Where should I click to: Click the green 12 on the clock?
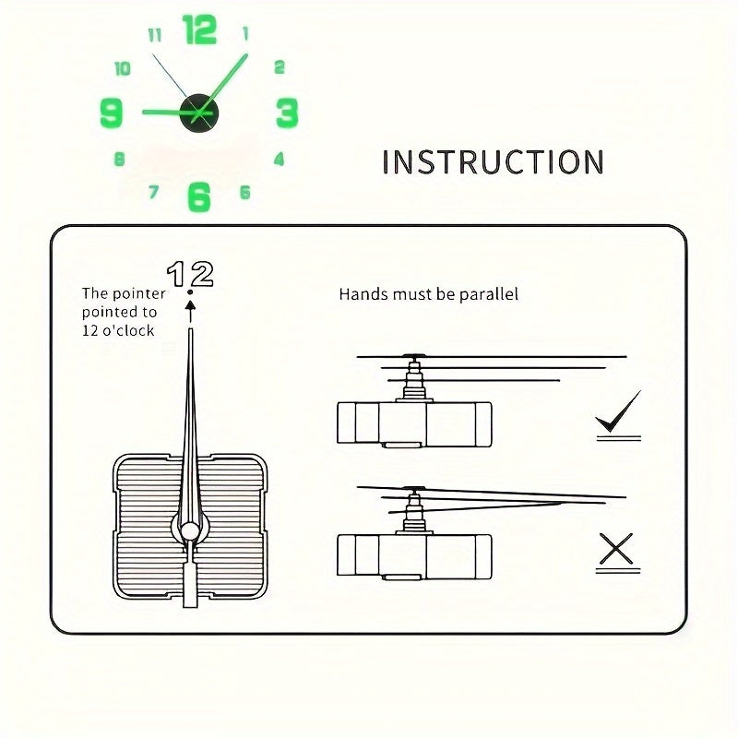click(199, 30)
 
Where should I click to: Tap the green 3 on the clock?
click(287, 113)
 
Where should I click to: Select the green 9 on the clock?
click(112, 113)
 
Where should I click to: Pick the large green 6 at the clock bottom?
click(198, 196)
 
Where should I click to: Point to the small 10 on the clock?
click(123, 68)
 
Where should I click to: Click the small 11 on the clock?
click(155, 35)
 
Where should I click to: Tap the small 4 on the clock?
click(280, 159)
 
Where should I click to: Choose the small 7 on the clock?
click(153, 192)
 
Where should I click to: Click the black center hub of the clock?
click(199, 113)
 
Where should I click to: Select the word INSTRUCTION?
click(493, 162)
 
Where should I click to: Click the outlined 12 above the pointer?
click(190, 274)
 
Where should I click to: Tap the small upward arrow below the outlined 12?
click(190, 311)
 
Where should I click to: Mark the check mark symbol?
click(618, 411)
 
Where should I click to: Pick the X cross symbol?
click(615, 548)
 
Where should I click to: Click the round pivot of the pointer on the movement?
click(190, 531)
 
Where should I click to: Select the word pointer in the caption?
click(138, 294)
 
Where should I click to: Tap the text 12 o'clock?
click(118, 331)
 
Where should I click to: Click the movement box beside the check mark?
click(414, 424)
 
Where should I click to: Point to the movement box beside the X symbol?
click(414, 557)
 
